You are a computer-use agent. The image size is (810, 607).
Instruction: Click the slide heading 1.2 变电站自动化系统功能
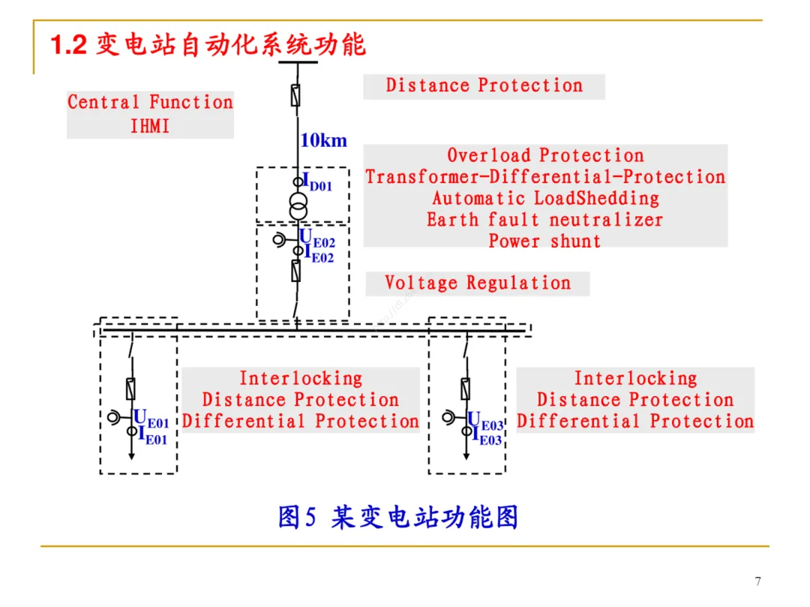click(208, 45)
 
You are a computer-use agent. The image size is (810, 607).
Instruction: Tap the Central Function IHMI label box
click(150, 114)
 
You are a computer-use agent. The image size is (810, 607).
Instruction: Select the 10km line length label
click(323, 140)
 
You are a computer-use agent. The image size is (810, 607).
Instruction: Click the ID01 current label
click(316, 182)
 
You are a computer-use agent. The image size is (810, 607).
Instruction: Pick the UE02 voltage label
click(317, 239)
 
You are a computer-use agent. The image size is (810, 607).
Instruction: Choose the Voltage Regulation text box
click(478, 284)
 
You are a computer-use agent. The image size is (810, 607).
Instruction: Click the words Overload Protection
click(545, 156)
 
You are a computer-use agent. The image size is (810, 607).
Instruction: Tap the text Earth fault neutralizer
click(545, 220)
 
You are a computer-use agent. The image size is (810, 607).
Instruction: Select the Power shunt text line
click(545, 242)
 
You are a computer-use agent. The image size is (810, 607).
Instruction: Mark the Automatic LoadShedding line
click(545, 199)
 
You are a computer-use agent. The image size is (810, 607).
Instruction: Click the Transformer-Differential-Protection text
click(545, 177)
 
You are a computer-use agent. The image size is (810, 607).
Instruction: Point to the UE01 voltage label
click(151, 418)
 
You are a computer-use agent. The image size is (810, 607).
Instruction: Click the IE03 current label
click(487, 437)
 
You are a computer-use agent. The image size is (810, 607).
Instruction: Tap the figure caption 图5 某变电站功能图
click(398, 517)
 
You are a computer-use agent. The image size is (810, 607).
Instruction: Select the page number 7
click(757, 581)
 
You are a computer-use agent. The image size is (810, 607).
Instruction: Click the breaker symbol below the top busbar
click(297, 95)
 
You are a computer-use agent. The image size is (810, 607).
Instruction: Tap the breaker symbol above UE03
click(466, 389)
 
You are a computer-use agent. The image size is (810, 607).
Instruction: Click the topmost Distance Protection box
click(484, 86)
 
